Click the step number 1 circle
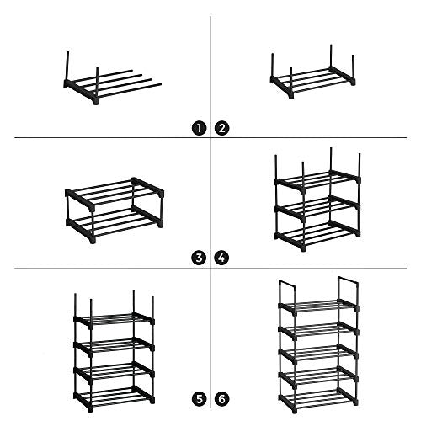[199, 129]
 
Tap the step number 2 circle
[221, 129]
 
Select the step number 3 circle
[199, 258]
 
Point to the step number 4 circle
[221, 258]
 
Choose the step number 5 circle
[199, 399]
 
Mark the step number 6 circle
[221, 399]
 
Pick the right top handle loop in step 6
[348, 280]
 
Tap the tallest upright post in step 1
[67, 67]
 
